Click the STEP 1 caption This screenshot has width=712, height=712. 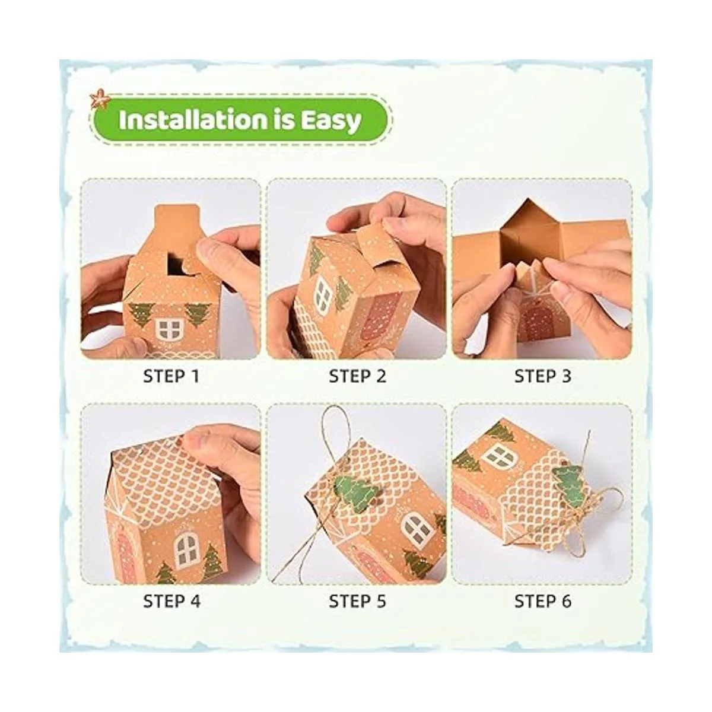click(x=171, y=376)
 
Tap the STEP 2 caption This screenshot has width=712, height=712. click(x=357, y=376)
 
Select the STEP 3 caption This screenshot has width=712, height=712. click(x=543, y=376)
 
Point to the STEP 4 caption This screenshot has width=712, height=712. click(x=171, y=601)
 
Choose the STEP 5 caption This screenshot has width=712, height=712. click(x=357, y=601)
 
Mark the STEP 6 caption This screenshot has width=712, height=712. click(x=543, y=601)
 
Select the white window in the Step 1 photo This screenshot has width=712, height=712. click(x=170, y=329)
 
